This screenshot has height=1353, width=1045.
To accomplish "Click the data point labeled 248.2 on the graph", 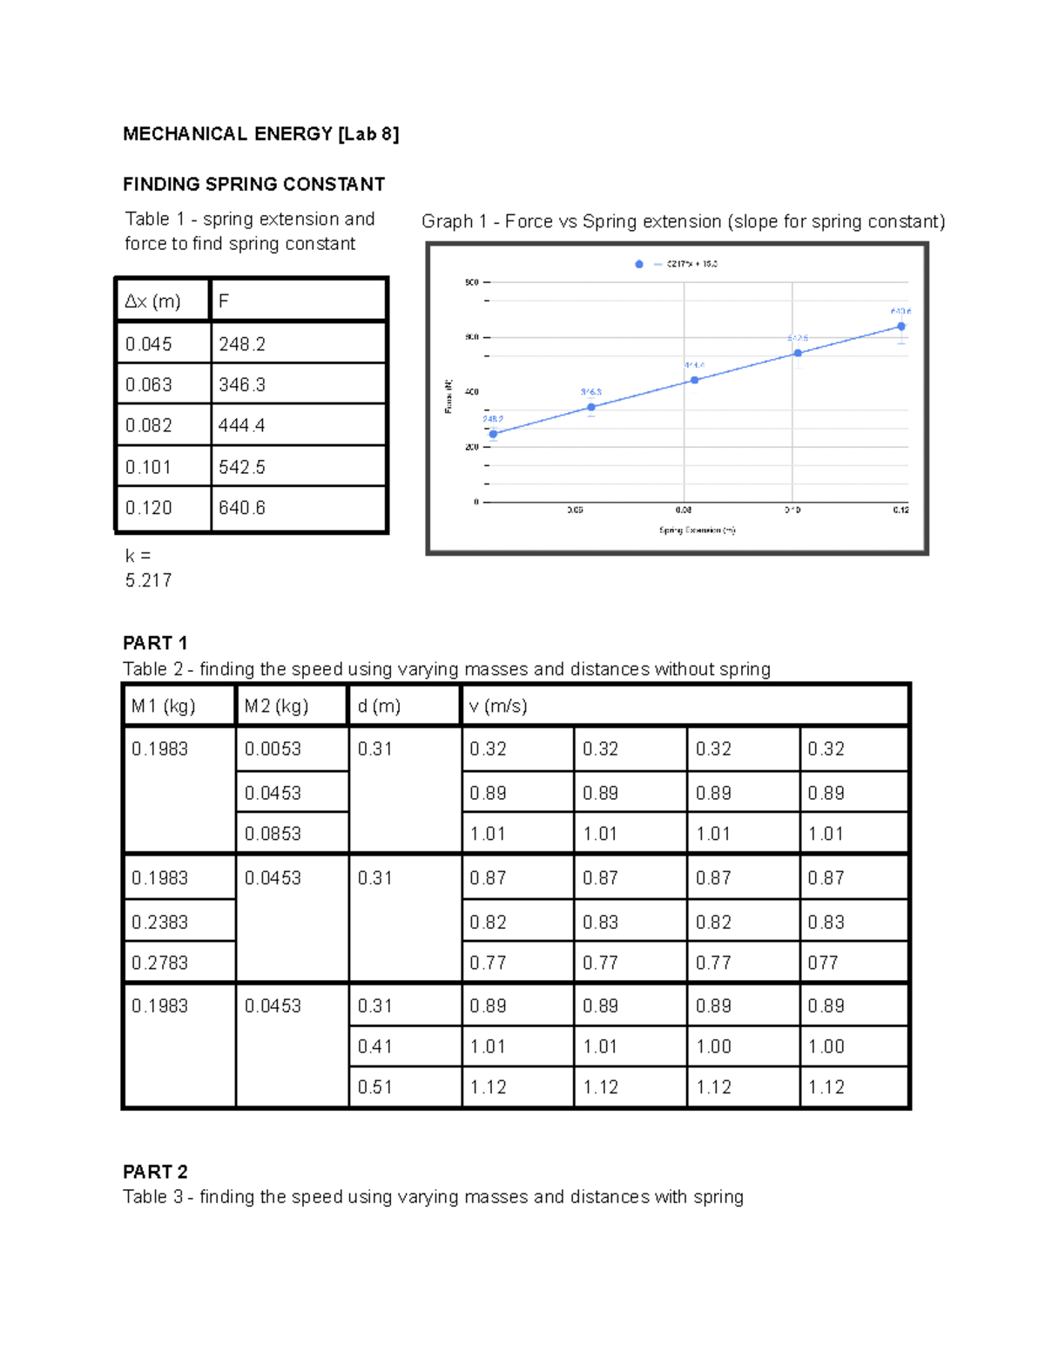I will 493,434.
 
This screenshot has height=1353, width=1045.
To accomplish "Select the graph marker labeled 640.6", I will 901,327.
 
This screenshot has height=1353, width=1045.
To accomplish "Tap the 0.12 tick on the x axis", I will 900,510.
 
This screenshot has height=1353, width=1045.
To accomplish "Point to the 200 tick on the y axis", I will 472,447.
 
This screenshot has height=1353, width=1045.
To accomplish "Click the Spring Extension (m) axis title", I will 697,530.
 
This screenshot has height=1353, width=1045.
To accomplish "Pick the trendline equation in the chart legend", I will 691,264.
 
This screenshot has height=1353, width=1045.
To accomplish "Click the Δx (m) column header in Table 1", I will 153,301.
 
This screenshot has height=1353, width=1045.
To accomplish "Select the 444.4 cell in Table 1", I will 242,425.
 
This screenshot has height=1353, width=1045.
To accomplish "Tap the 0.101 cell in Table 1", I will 149,467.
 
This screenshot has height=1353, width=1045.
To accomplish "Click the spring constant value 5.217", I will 148,580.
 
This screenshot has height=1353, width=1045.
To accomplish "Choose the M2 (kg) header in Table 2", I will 276,706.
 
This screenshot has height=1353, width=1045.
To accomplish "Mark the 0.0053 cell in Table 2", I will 273,749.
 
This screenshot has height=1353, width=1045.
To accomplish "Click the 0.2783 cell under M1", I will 159,963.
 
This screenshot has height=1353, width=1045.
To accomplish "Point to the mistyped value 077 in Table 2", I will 823,963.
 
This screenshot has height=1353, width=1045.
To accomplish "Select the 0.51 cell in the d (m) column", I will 374,1087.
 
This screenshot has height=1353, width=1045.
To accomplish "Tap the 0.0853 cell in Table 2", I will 273,834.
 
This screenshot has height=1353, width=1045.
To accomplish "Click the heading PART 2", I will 155,1172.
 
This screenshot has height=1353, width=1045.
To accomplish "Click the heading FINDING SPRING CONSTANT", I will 253,185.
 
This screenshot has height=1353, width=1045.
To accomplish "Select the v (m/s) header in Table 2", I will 498,706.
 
